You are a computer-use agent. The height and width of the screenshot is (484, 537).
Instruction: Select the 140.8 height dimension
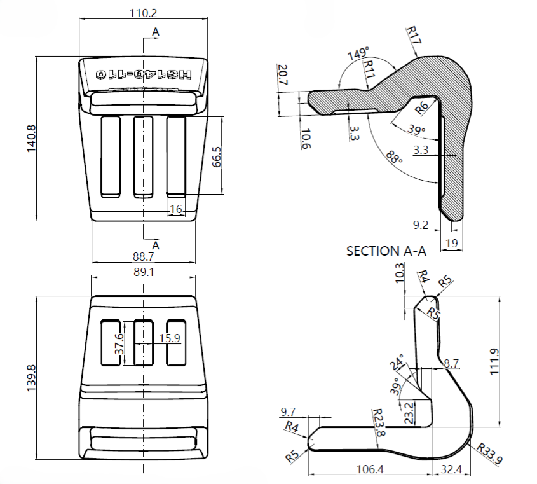(x=31, y=138)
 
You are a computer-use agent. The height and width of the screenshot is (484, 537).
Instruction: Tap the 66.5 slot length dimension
(x=217, y=156)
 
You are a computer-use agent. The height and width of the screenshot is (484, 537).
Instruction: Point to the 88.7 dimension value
(x=143, y=256)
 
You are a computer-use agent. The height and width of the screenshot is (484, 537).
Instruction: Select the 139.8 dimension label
(x=31, y=378)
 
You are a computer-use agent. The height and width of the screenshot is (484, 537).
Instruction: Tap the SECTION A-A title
(x=386, y=251)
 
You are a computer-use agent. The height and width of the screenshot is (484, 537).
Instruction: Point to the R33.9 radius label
(x=490, y=453)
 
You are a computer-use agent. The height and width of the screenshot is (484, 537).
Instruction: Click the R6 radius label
(x=421, y=107)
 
